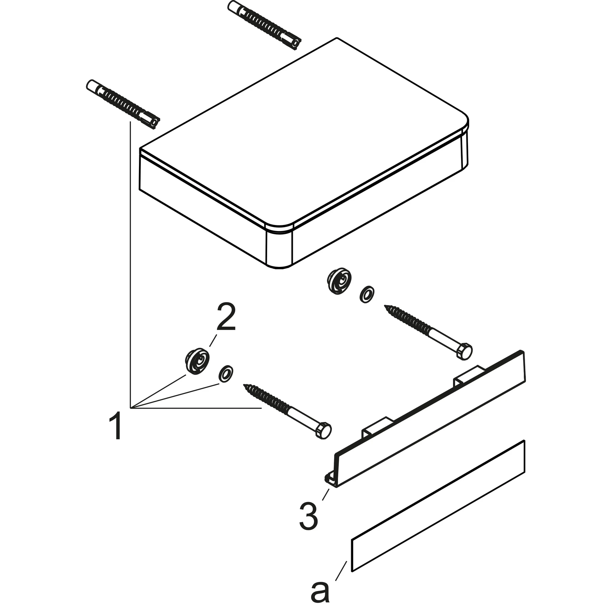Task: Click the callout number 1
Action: coord(115,426)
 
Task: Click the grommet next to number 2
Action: coord(197,362)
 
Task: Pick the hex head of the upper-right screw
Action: coord(464,351)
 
